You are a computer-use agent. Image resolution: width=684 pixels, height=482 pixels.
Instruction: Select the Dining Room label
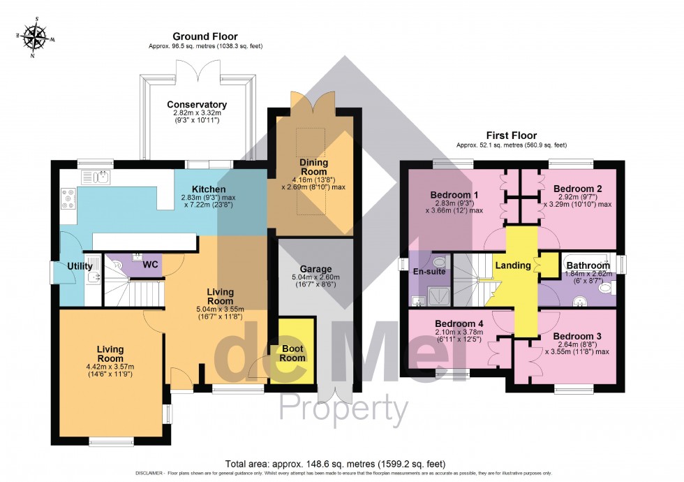tap(313, 167)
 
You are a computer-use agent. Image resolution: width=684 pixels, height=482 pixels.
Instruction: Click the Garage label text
tap(316, 269)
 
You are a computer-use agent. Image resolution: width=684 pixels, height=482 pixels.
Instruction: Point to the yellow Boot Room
tap(294, 353)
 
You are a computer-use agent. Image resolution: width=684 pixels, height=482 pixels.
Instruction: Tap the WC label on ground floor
tap(151, 265)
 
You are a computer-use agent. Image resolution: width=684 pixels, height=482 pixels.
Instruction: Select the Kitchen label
tap(209, 189)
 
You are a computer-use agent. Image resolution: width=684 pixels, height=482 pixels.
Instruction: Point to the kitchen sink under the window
tap(96, 177)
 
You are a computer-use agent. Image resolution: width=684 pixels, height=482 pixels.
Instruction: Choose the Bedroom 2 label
tap(577, 189)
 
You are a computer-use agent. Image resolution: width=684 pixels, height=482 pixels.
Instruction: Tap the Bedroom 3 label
tap(577, 336)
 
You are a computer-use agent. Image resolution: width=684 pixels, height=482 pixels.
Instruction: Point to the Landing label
tap(513, 265)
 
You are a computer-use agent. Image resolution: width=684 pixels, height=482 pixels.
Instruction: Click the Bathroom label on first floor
tap(588, 265)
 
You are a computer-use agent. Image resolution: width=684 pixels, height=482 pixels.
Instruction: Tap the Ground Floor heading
tap(205, 36)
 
